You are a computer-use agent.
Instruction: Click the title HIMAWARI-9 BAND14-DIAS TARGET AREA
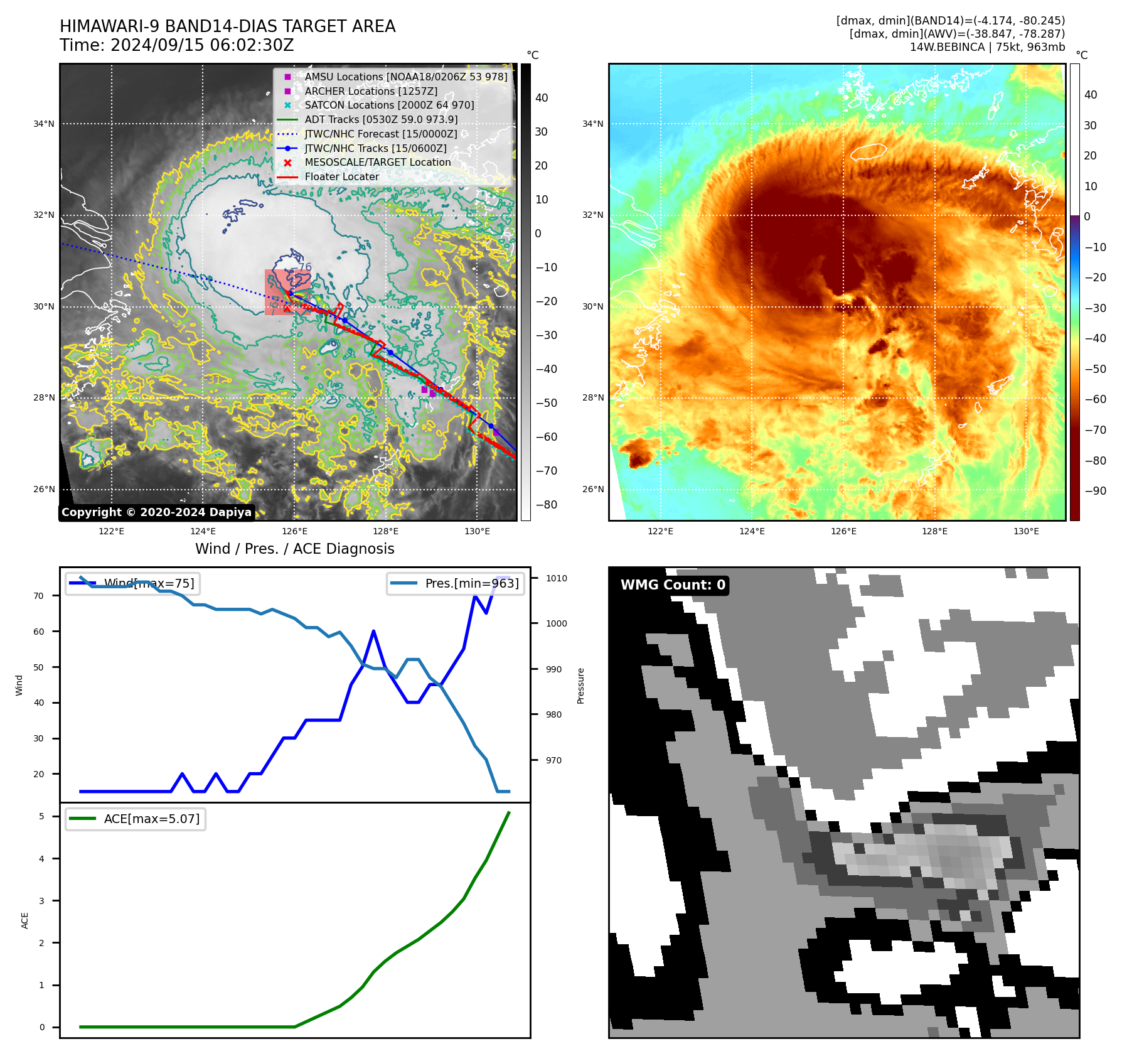(x=227, y=27)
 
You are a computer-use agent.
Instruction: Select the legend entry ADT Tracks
(x=381, y=119)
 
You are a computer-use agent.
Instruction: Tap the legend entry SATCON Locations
(x=389, y=105)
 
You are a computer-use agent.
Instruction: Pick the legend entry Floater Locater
(x=341, y=176)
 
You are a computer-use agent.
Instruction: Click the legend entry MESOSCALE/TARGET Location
(x=378, y=162)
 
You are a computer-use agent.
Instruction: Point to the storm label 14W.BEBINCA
(x=947, y=47)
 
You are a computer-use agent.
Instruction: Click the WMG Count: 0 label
(x=673, y=584)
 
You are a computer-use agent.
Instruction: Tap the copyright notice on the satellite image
(x=156, y=512)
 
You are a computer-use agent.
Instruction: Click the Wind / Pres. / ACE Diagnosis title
(x=295, y=549)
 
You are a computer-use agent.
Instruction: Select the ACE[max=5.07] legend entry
(x=151, y=819)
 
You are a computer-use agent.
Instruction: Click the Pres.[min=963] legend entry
(x=471, y=583)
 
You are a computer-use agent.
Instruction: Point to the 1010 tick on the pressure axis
(x=556, y=578)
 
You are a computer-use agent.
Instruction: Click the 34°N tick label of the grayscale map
(x=44, y=124)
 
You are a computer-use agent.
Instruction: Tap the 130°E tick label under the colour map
(x=1026, y=531)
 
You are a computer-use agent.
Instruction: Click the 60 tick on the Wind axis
(x=39, y=632)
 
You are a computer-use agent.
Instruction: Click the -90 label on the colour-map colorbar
(x=1095, y=491)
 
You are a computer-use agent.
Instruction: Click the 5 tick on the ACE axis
(x=41, y=816)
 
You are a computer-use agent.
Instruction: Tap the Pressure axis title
(x=580, y=686)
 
